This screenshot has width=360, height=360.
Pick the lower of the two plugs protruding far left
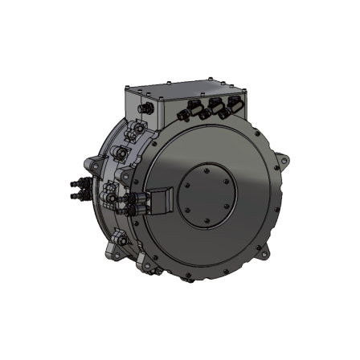(77, 194)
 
